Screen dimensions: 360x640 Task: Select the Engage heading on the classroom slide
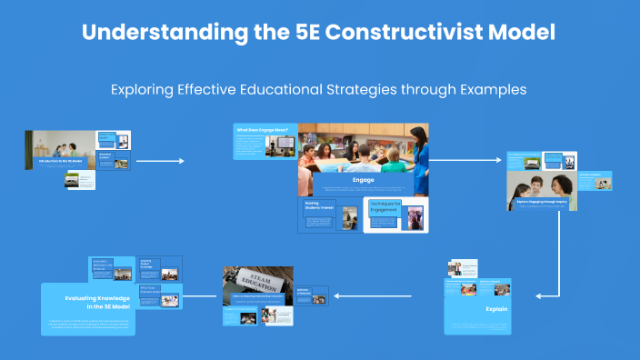pyautogui.click(x=363, y=180)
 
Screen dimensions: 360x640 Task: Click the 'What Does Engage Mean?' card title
pyautogui.click(x=263, y=130)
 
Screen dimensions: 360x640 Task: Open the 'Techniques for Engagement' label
pyautogui.click(x=385, y=208)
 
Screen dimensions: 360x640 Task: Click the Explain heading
pyautogui.click(x=496, y=309)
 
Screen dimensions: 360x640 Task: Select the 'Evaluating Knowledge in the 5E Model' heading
pyautogui.click(x=99, y=302)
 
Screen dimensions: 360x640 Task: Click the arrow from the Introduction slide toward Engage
pyautogui.click(x=159, y=161)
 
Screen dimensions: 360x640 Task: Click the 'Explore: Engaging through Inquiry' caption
pyautogui.click(x=541, y=201)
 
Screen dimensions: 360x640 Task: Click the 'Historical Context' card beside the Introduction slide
pyautogui.click(x=105, y=156)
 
